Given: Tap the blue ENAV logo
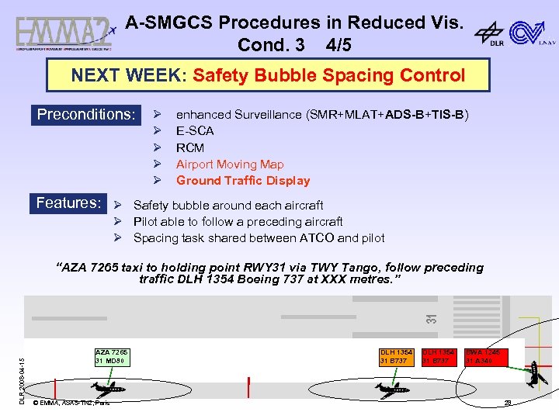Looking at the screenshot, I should pos(531,33).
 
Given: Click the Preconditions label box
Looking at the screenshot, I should pos(86,115).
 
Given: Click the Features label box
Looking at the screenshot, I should pos(68,203).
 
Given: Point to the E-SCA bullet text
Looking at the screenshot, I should pos(195,131).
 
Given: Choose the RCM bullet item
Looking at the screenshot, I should pos(190,147).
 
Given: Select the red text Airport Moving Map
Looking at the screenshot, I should pos(230,164).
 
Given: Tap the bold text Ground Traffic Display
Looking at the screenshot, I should pos(243,181).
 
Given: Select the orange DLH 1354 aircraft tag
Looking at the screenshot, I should pos(396,356).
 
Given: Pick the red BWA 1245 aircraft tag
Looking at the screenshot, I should pos(482,356).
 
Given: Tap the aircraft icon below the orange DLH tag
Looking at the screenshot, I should pos(388,389).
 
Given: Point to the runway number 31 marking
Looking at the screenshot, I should pos(432,317).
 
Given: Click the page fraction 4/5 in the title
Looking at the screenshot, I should pos(339,45).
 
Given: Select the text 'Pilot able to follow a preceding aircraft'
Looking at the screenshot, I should pos(238,222).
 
